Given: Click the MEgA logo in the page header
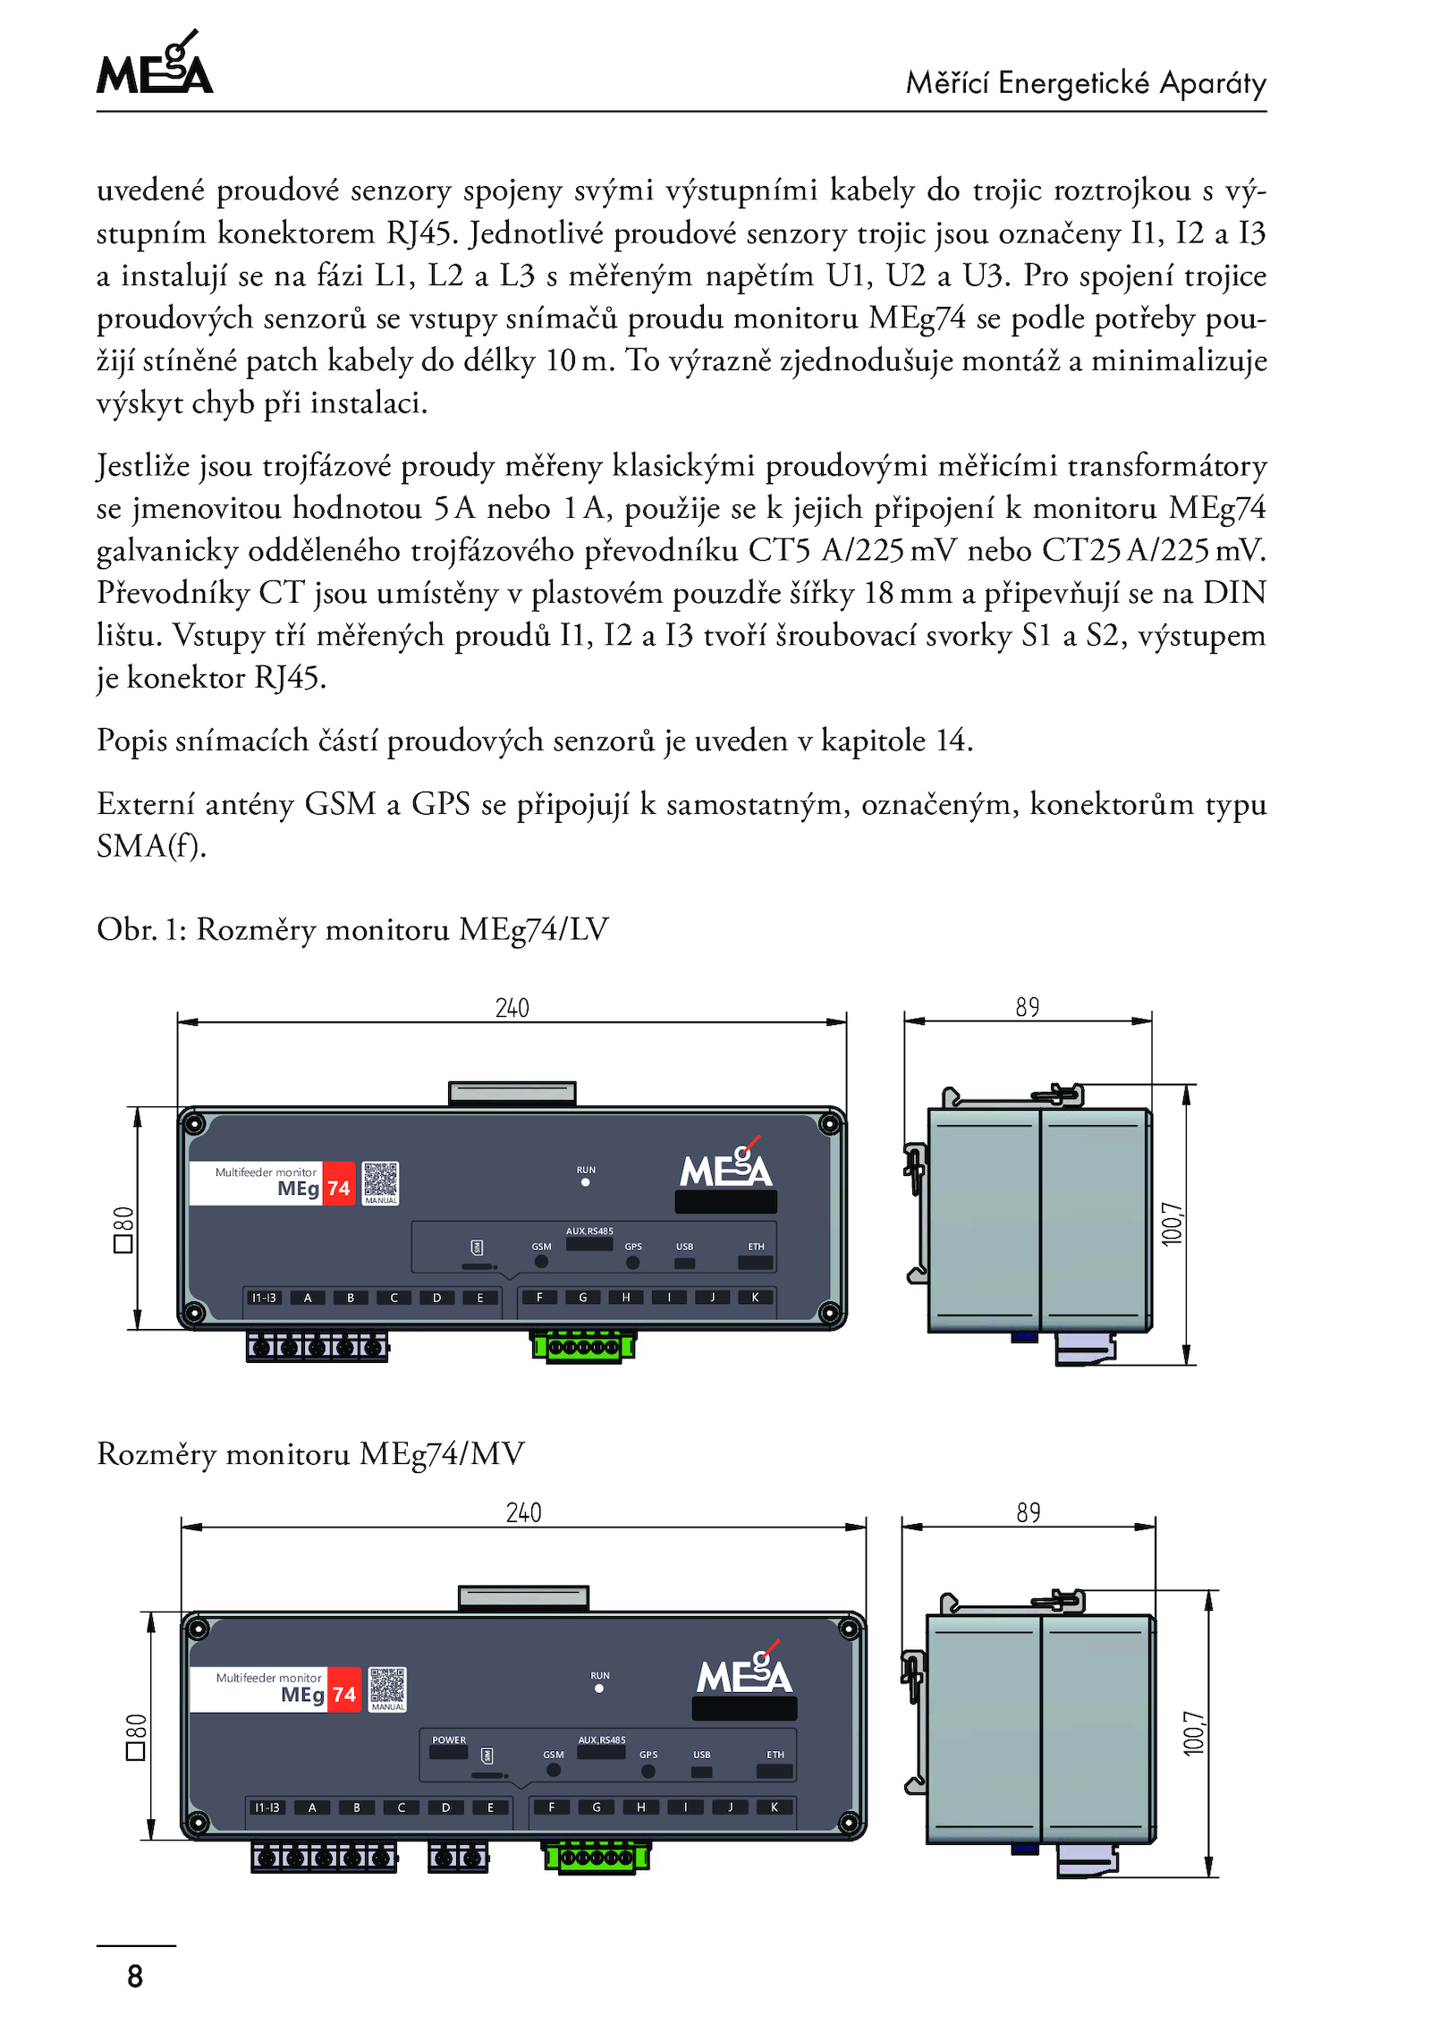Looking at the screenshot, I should (155, 64).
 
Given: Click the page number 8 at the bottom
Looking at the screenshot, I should (135, 1976).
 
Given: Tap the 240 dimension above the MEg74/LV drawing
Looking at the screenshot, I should (512, 1009).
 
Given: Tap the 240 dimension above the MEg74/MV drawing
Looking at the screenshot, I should (523, 1513).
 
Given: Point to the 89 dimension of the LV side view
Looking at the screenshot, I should (1028, 1008).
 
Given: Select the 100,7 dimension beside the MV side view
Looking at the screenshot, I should (1194, 1733).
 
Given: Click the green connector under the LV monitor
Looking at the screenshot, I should (584, 1346).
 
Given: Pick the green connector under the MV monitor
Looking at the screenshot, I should (597, 1857).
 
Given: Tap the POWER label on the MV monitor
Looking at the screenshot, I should (449, 1740).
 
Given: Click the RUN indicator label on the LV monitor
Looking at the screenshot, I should (586, 1170).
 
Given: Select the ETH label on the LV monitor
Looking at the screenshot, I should (757, 1247).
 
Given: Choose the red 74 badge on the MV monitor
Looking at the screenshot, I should (344, 1695).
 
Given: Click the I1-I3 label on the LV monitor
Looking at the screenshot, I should (264, 1298).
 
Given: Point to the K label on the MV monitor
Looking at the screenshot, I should (775, 1807).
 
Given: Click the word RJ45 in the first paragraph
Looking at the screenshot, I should (418, 233).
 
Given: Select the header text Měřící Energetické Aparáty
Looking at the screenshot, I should (1086, 83).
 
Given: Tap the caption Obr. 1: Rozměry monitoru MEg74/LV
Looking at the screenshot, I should (352, 930).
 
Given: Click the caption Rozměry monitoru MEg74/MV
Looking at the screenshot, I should (310, 1454).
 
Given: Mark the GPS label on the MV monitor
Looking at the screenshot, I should (648, 1755).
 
